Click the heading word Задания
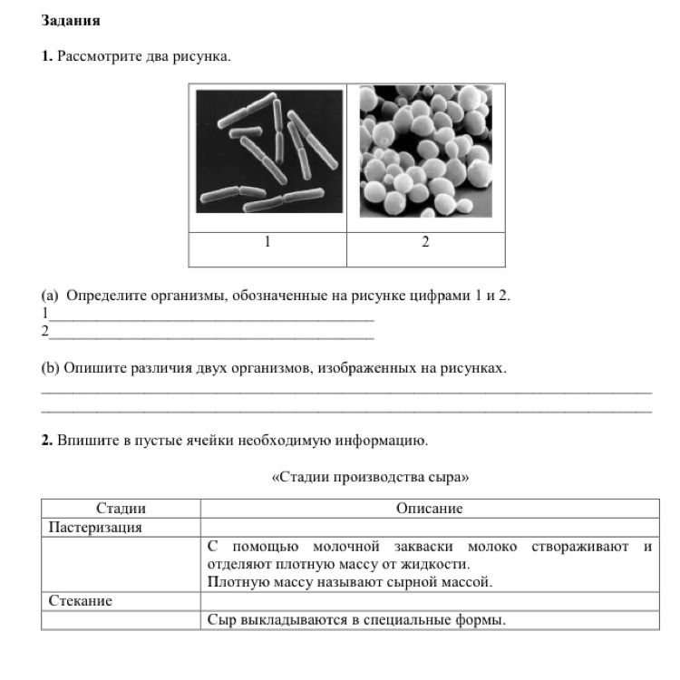pos(71,20)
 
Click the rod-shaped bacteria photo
pos(269,151)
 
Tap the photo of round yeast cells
pos(425,151)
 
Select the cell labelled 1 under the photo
pos(267,242)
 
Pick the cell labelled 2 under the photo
pos(425,242)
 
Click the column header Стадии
pos(121,509)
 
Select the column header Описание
pos(429,509)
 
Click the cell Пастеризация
pos(95,527)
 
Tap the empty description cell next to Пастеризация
pos(429,527)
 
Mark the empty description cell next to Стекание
pos(429,600)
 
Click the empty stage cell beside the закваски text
pos(121,564)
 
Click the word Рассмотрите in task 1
pos(99,56)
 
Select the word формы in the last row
pos(481,620)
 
